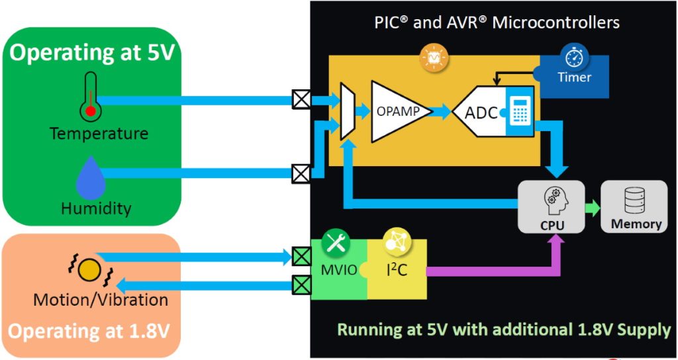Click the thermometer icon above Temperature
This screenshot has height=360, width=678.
91,97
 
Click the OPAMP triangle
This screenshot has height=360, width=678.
396,111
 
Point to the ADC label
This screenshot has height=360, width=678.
481,113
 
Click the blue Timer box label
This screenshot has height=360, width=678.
574,77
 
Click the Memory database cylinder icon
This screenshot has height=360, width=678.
635,199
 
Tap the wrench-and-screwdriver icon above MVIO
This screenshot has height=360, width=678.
336,244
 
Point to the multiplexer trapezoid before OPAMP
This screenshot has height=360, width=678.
348,111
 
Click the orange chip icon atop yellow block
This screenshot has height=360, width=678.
434,60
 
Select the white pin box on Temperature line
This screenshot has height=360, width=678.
302,100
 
